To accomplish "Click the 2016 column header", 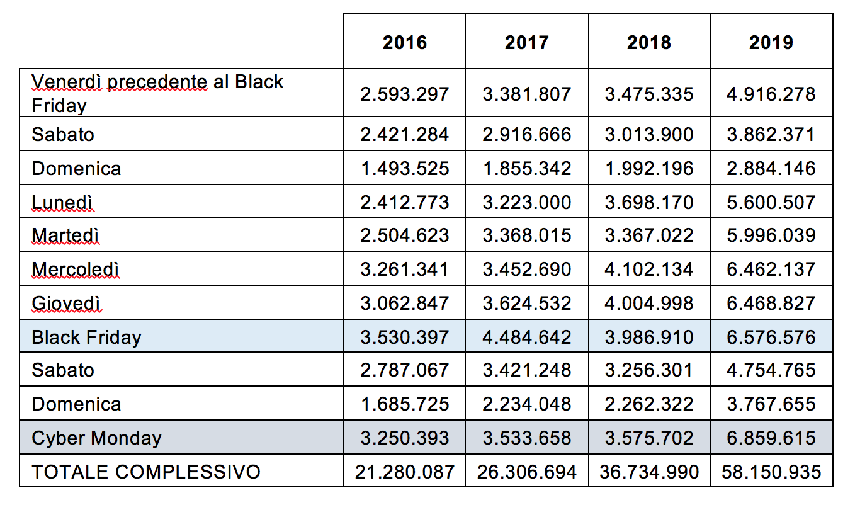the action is pyautogui.click(x=405, y=42).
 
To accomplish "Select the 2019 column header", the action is pyautogui.click(x=771, y=42).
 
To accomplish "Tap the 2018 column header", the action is pyautogui.click(x=649, y=42).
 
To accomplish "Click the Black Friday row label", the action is pyautogui.click(x=86, y=338).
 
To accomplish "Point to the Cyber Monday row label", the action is pyautogui.click(x=96, y=438).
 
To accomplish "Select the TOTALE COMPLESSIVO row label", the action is pyautogui.click(x=146, y=472).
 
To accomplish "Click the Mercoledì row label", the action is pyautogui.click(x=75, y=270).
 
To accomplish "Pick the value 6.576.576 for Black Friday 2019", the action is pyautogui.click(x=771, y=338).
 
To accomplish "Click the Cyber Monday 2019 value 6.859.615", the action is pyautogui.click(x=771, y=438).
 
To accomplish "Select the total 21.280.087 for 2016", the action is pyautogui.click(x=405, y=472).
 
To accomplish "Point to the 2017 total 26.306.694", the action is pyautogui.click(x=527, y=472).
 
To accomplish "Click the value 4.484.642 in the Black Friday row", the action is pyautogui.click(x=527, y=338).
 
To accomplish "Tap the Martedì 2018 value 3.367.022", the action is pyautogui.click(x=649, y=235).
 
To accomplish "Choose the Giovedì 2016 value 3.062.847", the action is pyautogui.click(x=405, y=304).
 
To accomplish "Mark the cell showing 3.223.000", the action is pyautogui.click(x=527, y=203).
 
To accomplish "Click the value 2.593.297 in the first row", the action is pyautogui.click(x=405, y=94).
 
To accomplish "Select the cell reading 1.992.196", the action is pyautogui.click(x=649, y=169).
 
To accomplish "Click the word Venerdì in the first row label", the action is pyautogui.click(x=66, y=82).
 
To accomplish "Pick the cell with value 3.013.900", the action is pyautogui.click(x=649, y=135).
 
